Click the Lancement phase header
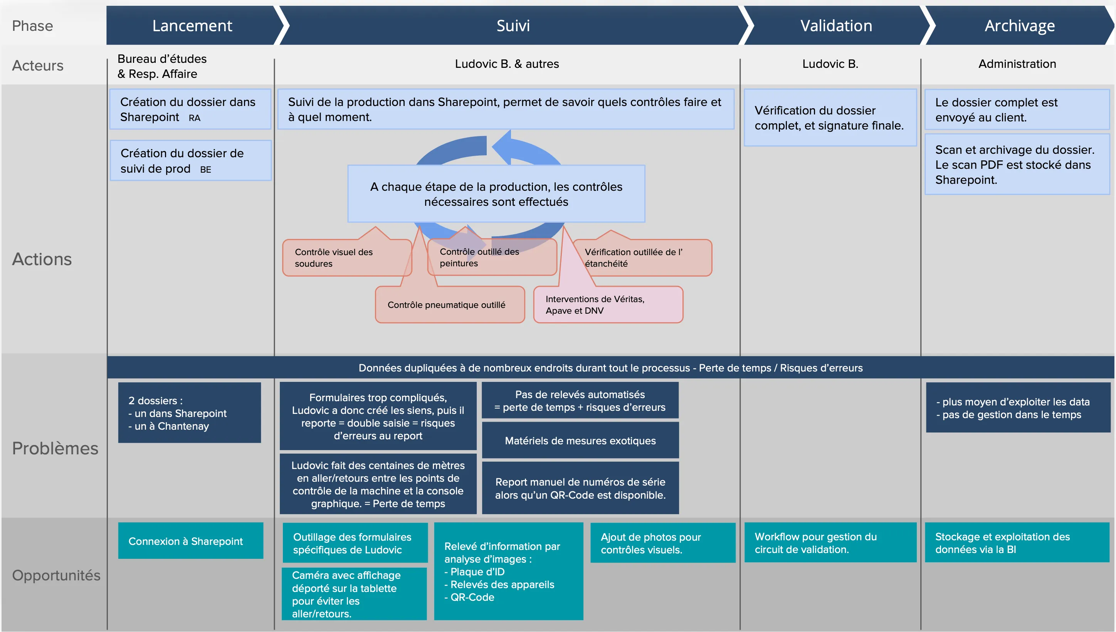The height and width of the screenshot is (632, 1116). click(x=192, y=25)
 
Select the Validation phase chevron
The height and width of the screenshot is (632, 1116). click(x=835, y=25)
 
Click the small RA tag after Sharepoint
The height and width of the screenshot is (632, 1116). click(x=195, y=118)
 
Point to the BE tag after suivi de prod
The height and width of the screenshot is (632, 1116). click(x=205, y=170)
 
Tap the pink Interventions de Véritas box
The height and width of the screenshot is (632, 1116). click(x=608, y=305)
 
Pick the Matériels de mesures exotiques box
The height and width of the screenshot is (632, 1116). click(x=580, y=440)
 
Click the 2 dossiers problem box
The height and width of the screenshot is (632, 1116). click(x=189, y=413)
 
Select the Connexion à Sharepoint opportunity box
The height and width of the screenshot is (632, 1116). click(x=190, y=541)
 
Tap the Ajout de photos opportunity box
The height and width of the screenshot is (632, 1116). click(x=662, y=543)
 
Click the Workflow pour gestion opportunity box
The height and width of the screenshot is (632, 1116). click(x=830, y=543)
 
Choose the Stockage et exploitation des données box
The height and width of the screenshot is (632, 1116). click(x=1017, y=543)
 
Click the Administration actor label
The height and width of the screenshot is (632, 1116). click(x=1017, y=64)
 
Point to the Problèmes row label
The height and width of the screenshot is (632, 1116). click(x=55, y=448)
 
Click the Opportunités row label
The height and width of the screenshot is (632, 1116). click(x=56, y=575)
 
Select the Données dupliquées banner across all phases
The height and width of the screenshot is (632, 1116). click(x=610, y=368)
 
